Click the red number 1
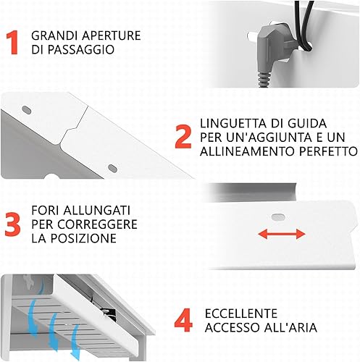pos(12,42)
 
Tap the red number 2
pos(183,137)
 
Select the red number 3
pos(12,224)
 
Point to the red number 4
pos(183,320)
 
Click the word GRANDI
pos(55,35)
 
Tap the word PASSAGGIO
pos(80,49)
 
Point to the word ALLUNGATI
pos(96,211)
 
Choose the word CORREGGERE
pos(97,224)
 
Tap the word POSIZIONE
pos(83,238)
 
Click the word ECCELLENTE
pos(241,313)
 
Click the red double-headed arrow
pos(282,234)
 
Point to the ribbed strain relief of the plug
pos(264,79)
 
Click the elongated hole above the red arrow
pos(278,217)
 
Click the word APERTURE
pos(112,35)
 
